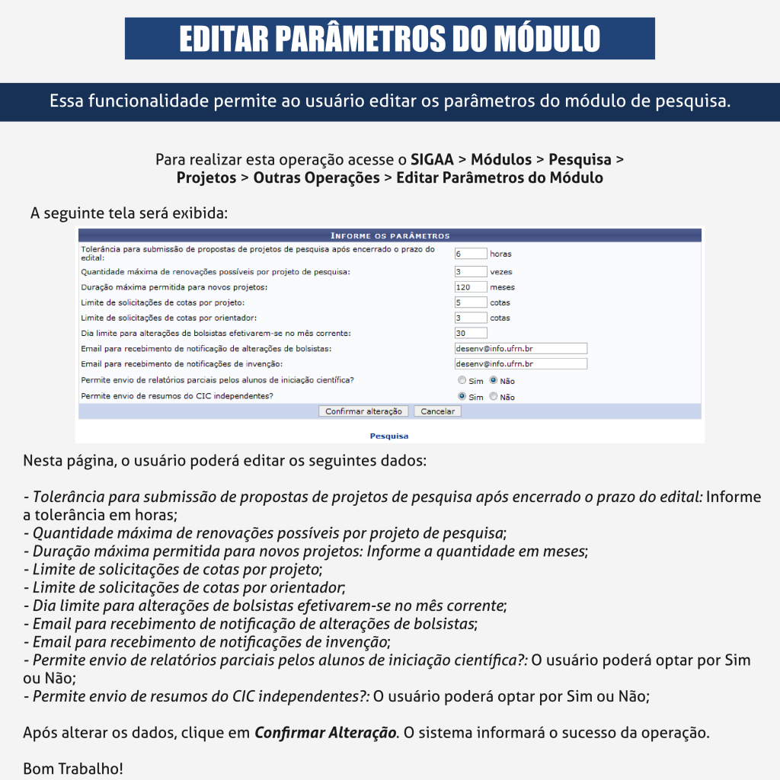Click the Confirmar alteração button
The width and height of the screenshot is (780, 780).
pyautogui.click(x=363, y=411)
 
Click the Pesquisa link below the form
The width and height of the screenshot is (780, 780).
pyautogui.click(x=388, y=436)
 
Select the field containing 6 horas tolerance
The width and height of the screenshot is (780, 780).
pyautogui.click(x=470, y=254)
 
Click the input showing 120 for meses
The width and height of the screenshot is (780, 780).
pyautogui.click(x=470, y=287)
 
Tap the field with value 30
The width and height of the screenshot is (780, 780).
pyautogui.click(x=470, y=333)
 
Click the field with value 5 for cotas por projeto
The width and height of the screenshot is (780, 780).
pyautogui.click(x=470, y=302)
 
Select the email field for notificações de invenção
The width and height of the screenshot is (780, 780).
pyautogui.click(x=520, y=364)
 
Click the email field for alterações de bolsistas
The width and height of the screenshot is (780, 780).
pyautogui.click(x=520, y=348)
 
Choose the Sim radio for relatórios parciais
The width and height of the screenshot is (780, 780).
pyautogui.click(x=462, y=380)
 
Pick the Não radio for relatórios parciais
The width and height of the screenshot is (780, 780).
pyautogui.click(x=493, y=380)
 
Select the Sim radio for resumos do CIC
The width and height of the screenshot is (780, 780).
pyautogui.click(x=462, y=396)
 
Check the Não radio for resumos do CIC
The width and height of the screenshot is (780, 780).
pyautogui.click(x=493, y=396)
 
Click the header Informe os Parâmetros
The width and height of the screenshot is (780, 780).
pyautogui.click(x=389, y=235)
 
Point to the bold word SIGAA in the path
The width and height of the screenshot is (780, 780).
pyautogui.click(x=431, y=160)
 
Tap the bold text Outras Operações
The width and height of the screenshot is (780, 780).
pyautogui.click(x=316, y=178)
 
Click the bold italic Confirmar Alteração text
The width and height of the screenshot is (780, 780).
pyautogui.click(x=325, y=734)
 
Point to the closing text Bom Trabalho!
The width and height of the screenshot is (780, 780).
pyautogui.click(x=72, y=769)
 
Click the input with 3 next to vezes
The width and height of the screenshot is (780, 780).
pyautogui.click(x=470, y=272)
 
